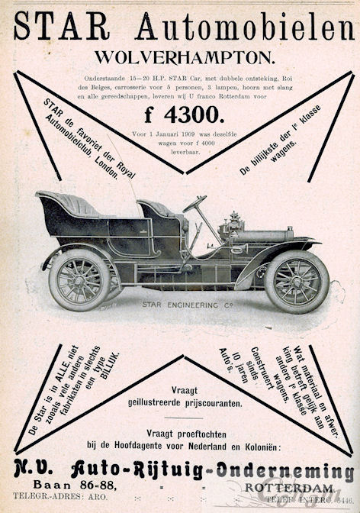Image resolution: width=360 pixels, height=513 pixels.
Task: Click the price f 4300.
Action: [x=183, y=115]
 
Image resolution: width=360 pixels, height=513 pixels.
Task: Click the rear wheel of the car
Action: [x=79, y=279]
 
